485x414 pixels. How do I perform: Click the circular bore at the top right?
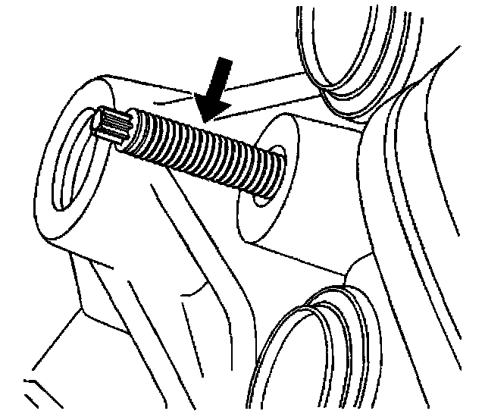tap(349, 38)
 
